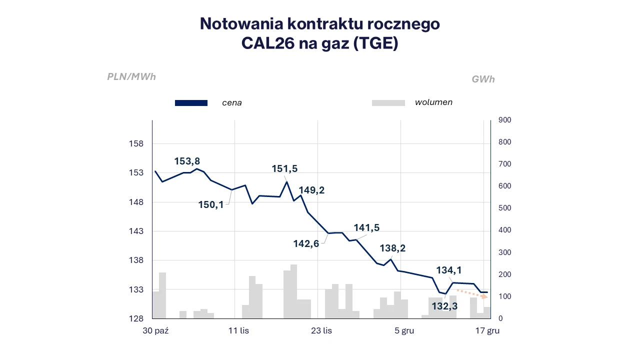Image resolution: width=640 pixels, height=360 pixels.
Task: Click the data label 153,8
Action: tap(187, 161)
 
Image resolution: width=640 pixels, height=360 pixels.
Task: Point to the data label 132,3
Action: tap(444, 306)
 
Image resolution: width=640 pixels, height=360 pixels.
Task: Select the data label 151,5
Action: tap(284, 169)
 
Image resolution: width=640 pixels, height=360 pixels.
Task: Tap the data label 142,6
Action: tap(306, 243)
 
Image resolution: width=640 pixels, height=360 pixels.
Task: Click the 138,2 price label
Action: tap(392, 248)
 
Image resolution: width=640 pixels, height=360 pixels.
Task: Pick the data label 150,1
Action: tap(211, 204)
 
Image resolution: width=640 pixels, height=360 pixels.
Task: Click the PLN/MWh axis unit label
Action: tap(131, 77)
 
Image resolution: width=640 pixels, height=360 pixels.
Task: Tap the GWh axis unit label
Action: tap(483, 79)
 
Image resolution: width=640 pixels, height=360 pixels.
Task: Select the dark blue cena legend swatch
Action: tap(191, 103)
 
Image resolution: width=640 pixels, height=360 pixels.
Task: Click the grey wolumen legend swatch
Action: tap(388, 103)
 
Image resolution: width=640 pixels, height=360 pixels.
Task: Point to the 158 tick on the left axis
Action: tap(136, 144)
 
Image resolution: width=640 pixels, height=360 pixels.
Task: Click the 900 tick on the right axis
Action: tap(505, 120)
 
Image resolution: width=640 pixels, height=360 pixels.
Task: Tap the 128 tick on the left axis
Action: tap(136, 318)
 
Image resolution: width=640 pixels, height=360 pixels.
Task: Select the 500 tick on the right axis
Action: tap(505, 208)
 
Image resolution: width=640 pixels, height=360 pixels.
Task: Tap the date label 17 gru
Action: tap(487, 330)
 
